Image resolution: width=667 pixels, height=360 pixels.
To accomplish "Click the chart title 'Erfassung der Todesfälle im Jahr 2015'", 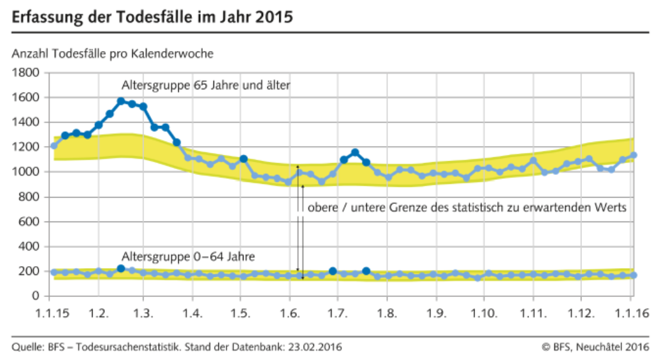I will pyautogui.click(x=152, y=17).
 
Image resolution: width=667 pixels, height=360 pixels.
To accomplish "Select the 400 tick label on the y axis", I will pyautogui.click(x=30, y=246).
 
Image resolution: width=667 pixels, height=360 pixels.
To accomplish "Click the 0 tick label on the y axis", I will pyautogui.click(x=35, y=296).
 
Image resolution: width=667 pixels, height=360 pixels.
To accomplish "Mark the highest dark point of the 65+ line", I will pyautogui.click(x=121, y=101).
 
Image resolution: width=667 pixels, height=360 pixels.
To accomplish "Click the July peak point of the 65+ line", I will pyautogui.click(x=355, y=152).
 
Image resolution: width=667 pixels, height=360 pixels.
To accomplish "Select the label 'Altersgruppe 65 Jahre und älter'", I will pyautogui.click(x=206, y=85).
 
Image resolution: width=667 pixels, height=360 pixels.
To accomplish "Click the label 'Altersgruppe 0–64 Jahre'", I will pyautogui.click(x=188, y=257).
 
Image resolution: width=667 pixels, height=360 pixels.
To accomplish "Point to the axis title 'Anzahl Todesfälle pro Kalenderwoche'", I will pyautogui.click(x=113, y=53).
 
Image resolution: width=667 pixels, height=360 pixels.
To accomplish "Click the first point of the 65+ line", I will pyautogui.click(x=54, y=146).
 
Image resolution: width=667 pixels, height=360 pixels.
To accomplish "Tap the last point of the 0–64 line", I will pyautogui.click(x=633, y=275).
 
